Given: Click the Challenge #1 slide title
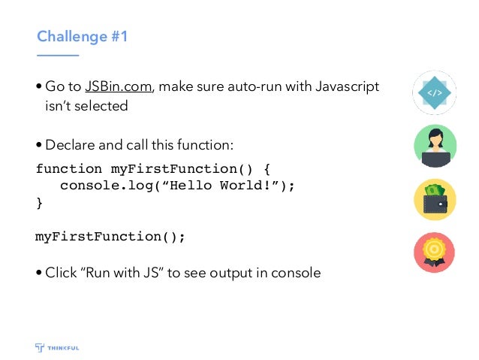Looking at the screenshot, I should click(x=83, y=36).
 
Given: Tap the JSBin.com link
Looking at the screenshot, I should click(x=119, y=87).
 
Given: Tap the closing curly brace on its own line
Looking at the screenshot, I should click(x=39, y=203).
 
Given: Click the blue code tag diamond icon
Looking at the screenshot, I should click(x=435, y=92).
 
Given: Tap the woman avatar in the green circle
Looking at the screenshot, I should click(x=435, y=146).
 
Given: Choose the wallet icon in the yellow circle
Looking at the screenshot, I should click(x=435, y=199).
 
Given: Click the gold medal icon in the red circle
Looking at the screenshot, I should click(x=435, y=252).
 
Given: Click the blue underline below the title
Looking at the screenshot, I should click(x=58, y=55).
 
